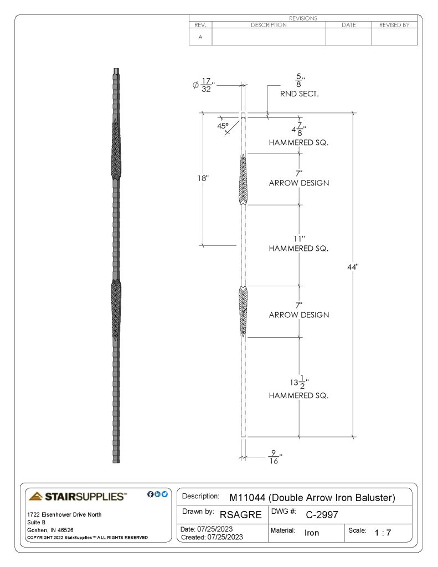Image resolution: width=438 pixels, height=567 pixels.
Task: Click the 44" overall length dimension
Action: [x=353, y=267]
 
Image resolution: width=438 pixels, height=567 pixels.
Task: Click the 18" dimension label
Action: [x=203, y=178]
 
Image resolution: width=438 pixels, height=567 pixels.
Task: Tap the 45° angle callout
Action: [x=223, y=126]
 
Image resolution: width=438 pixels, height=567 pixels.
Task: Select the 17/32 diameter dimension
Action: [x=204, y=85]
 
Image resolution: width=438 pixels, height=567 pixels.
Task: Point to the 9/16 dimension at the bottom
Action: [x=275, y=457]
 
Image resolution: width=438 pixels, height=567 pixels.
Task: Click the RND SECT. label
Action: [x=300, y=94]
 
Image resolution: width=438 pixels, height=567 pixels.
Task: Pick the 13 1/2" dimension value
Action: [x=299, y=383]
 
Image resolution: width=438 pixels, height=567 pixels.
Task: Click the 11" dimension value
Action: [x=299, y=239]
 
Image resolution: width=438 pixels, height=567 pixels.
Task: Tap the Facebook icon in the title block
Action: [x=151, y=494]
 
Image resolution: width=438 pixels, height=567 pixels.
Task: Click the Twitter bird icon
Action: [x=164, y=494]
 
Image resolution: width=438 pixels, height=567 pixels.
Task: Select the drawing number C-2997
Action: [x=322, y=514]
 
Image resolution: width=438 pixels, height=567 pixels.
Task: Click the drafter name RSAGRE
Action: [x=240, y=514]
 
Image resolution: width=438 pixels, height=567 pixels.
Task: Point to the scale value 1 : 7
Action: [x=383, y=533]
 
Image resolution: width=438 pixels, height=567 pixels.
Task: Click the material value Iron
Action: [x=312, y=533]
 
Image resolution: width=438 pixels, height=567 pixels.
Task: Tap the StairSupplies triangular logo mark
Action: [x=35, y=496]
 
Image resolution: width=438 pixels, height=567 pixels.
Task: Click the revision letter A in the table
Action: [x=200, y=37]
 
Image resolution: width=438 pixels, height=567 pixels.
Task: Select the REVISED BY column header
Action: [x=394, y=25]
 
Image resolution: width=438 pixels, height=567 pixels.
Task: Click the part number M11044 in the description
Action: [x=248, y=498]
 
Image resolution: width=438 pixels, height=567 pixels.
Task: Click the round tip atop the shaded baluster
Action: [x=116, y=70]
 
